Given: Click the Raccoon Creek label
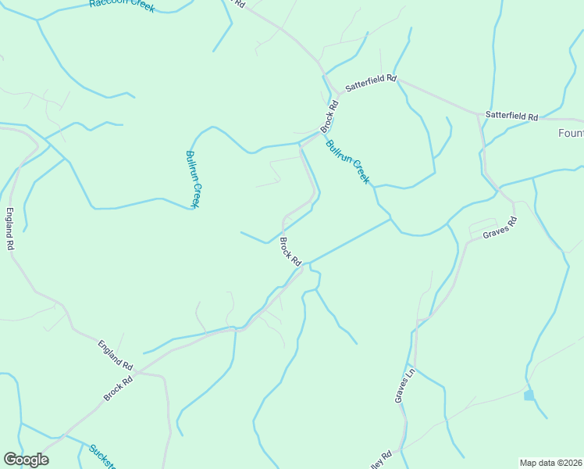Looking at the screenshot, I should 122,5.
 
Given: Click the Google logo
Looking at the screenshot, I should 26,460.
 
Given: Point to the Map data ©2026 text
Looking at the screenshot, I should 550,463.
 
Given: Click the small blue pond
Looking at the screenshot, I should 529,396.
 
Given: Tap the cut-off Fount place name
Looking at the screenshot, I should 570,133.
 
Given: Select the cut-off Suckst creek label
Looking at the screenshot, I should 101,456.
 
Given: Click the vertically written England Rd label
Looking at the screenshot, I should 10,228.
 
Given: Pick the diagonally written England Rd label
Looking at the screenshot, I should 116,355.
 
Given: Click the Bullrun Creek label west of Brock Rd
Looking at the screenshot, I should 194,178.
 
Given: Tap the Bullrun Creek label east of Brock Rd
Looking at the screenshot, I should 347,160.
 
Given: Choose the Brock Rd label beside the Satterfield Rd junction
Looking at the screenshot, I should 330,116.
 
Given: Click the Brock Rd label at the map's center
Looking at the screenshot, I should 290,252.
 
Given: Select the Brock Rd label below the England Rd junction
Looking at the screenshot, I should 119,387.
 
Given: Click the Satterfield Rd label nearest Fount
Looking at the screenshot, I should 511,116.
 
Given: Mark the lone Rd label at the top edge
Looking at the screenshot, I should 239,5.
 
